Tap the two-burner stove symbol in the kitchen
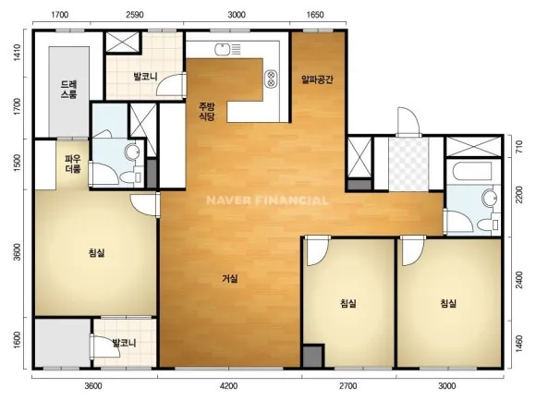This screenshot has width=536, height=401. tap(272, 79)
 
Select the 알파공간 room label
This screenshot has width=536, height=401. tap(317, 79)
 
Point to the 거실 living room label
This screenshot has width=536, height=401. tap(230, 279)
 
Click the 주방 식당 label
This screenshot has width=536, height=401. tap(207, 111)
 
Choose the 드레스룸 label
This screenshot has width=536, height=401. tap(69, 90)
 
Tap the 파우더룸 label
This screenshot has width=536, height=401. tap(72, 164)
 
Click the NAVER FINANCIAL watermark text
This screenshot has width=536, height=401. tap(267, 200)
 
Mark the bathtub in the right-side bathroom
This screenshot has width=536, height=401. tap(472, 172)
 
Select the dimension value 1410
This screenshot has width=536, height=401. tap(17, 53)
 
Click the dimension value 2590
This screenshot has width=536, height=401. tap(135, 15)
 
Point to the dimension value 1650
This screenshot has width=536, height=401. tap(315, 15)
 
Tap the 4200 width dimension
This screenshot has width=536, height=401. tap(228, 386)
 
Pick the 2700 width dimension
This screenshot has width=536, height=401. tap(348, 386)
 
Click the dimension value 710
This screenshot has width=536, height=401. tap(519, 146)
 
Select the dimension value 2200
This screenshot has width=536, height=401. tap(519, 195)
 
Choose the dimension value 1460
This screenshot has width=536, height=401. tap(519, 345)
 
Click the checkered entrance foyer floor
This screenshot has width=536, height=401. tap(408, 164)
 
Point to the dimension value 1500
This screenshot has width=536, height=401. tap(17, 163)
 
